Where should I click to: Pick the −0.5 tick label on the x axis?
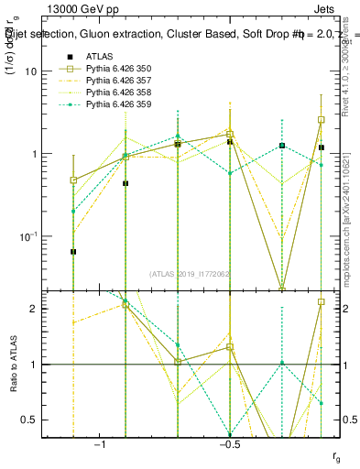[x=228, y=444]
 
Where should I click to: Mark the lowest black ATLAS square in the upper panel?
[x=73, y=251]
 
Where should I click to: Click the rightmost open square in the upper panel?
[x=322, y=119]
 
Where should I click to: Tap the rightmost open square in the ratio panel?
[x=322, y=301]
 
